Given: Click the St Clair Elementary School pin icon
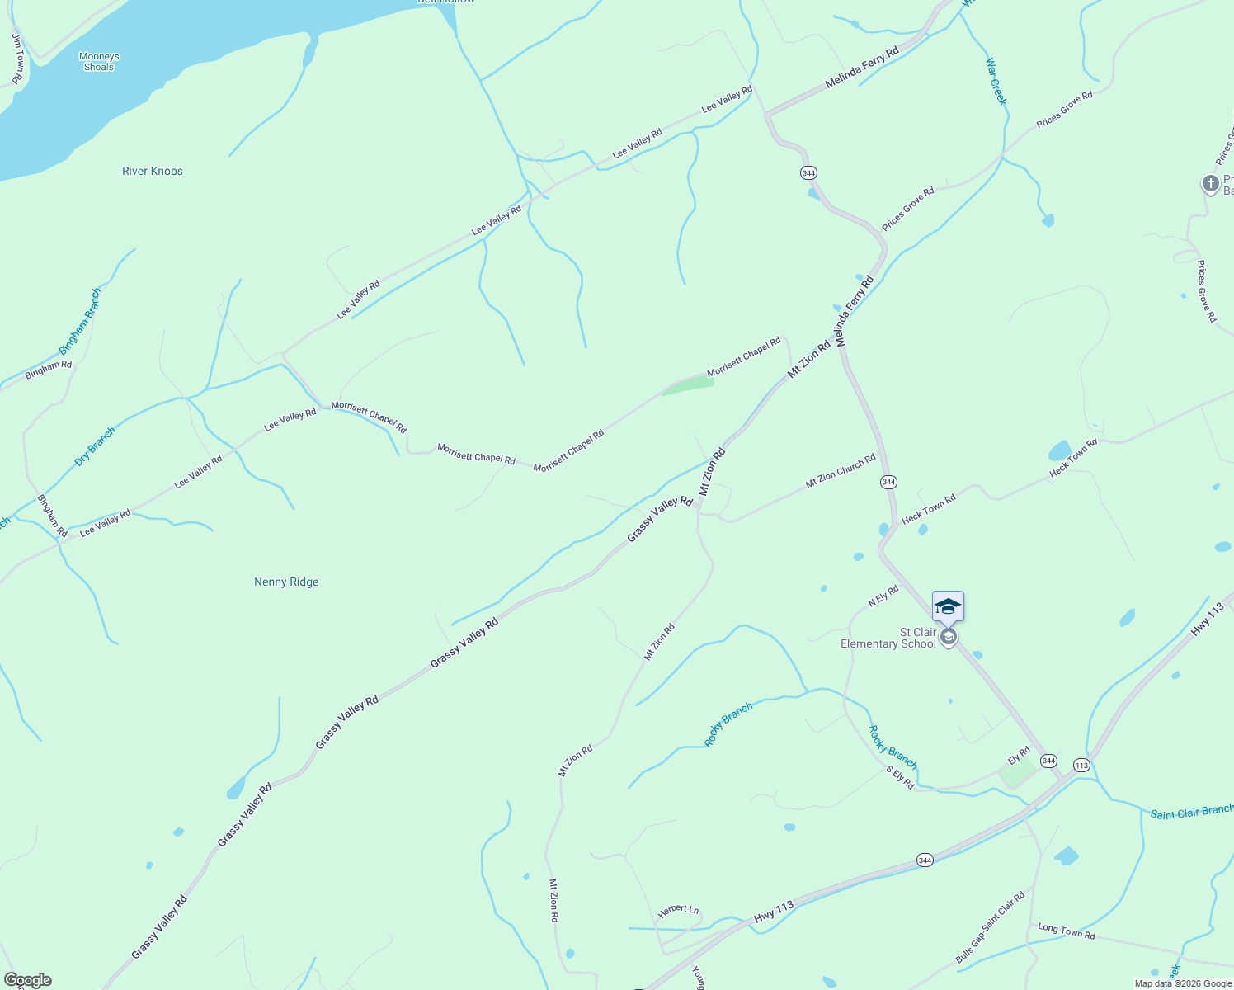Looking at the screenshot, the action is [949, 637].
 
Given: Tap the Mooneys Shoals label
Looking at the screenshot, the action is [99, 62].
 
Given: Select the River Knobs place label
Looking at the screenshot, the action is [153, 171].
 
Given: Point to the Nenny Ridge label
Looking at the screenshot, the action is [286, 582].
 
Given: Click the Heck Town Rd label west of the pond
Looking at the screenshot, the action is [929, 509].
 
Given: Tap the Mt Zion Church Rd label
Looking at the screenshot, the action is [841, 469].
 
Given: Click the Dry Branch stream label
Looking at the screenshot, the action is [95, 446].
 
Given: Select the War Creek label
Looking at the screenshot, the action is [996, 81].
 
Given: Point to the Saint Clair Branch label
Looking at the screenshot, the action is [1192, 812].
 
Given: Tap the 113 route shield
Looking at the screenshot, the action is [1081, 766].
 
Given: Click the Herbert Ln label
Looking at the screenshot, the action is [678, 909].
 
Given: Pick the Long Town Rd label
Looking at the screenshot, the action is [1066, 931].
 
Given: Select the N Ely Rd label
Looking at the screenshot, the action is [883, 596].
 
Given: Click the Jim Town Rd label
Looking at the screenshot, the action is [17, 58].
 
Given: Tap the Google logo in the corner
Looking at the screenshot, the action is [27, 980].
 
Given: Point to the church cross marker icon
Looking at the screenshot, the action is [1210, 183].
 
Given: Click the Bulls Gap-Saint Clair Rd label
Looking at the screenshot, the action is [990, 927].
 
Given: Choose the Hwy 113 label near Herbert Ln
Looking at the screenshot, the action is [774, 912].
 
